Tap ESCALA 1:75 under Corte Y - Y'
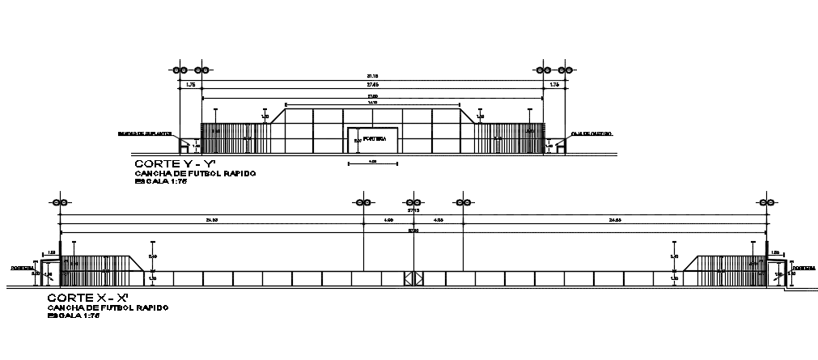click(162, 182)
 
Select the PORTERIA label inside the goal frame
click(373, 139)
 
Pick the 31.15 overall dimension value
click(372, 77)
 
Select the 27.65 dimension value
click(372, 85)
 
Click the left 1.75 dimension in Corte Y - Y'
click(191, 85)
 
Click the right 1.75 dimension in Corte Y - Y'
click(554, 85)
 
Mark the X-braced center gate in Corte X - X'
click(413, 277)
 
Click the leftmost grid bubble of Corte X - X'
click(59, 202)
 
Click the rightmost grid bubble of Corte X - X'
click(766, 202)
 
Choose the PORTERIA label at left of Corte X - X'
click(21, 266)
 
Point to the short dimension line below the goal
click(372, 164)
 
